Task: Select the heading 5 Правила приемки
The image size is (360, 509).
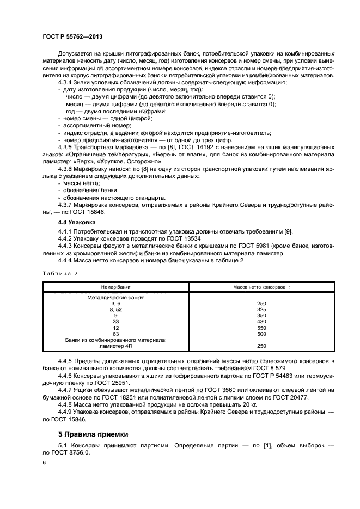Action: coord(92,434)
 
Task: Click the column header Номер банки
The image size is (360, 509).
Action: coord(115,286)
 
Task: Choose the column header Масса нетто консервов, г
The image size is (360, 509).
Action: coord(261,286)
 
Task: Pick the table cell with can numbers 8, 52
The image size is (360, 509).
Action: coord(115,309)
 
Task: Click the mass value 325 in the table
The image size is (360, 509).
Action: coord(261,309)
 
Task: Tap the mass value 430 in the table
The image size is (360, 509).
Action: coord(261,322)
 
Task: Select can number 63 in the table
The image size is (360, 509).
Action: coord(115,334)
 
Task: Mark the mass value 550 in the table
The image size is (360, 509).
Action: coord(261,328)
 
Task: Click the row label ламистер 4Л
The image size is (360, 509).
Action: coord(115,346)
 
